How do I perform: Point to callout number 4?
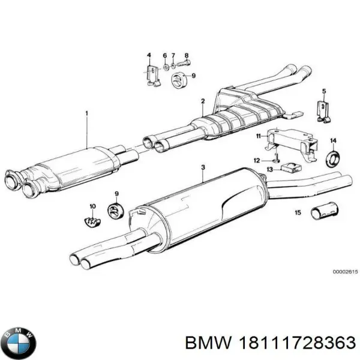[x=149, y=56]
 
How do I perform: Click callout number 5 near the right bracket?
[x=323, y=91]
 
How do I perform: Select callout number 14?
[x=333, y=141]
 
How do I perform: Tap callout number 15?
[x=297, y=212]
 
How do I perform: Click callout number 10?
[x=92, y=206]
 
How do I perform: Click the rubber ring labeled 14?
[x=332, y=159]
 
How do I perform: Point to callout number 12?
[x=256, y=160]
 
